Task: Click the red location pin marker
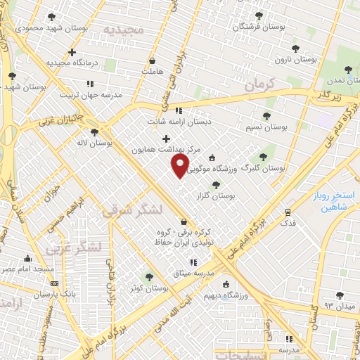[x=180, y=166]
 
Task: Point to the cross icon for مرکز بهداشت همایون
[x=166, y=139]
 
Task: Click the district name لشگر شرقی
[x=131, y=210]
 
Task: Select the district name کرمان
[x=259, y=84]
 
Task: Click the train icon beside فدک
[x=287, y=212]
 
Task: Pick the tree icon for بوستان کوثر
[x=148, y=277]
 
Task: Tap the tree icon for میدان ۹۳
[x=340, y=295]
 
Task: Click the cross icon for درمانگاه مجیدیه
[x=72, y=52]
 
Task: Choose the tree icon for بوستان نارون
[x=295, y=49]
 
